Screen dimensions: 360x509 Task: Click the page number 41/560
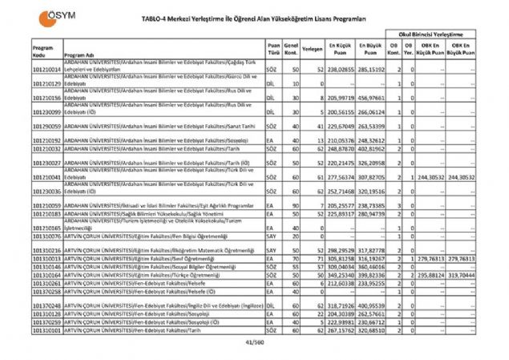[254, 342]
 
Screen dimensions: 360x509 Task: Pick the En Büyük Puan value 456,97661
[371, 98]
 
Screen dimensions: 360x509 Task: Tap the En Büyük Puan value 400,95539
[371, 306]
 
